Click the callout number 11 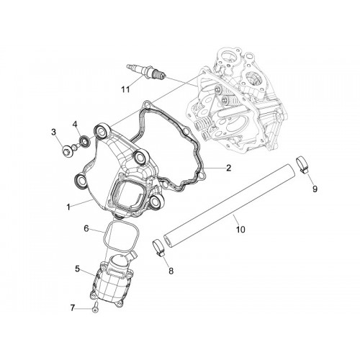(125, 89)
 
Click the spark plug (146, 71)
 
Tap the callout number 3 (53, 132)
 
